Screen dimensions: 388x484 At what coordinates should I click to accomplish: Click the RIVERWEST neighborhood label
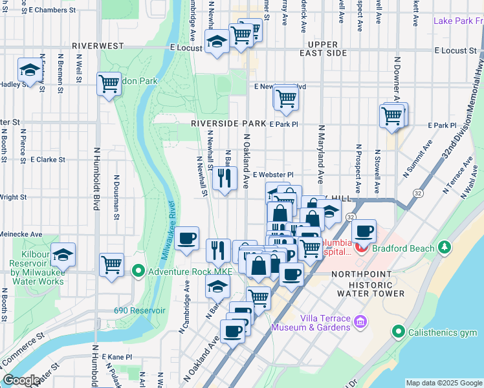pos(99,47)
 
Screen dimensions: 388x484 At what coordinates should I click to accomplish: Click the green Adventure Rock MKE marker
pos(137,270)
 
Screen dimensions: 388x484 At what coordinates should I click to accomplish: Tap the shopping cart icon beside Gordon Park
pos(109,83)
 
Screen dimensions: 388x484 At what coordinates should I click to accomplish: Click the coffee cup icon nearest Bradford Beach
pos(364,231)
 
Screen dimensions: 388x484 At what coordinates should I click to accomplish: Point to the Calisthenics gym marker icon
pos(399,332)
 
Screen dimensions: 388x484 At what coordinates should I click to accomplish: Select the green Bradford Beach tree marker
pos(445,247)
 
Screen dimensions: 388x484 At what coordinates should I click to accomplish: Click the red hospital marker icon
pos(360,246)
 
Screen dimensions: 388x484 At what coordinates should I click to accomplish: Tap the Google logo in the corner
pos(22,380)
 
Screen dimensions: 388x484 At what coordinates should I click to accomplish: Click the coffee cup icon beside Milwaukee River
pos(187,238)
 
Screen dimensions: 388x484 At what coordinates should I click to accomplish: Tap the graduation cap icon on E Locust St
pos(215,43)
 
